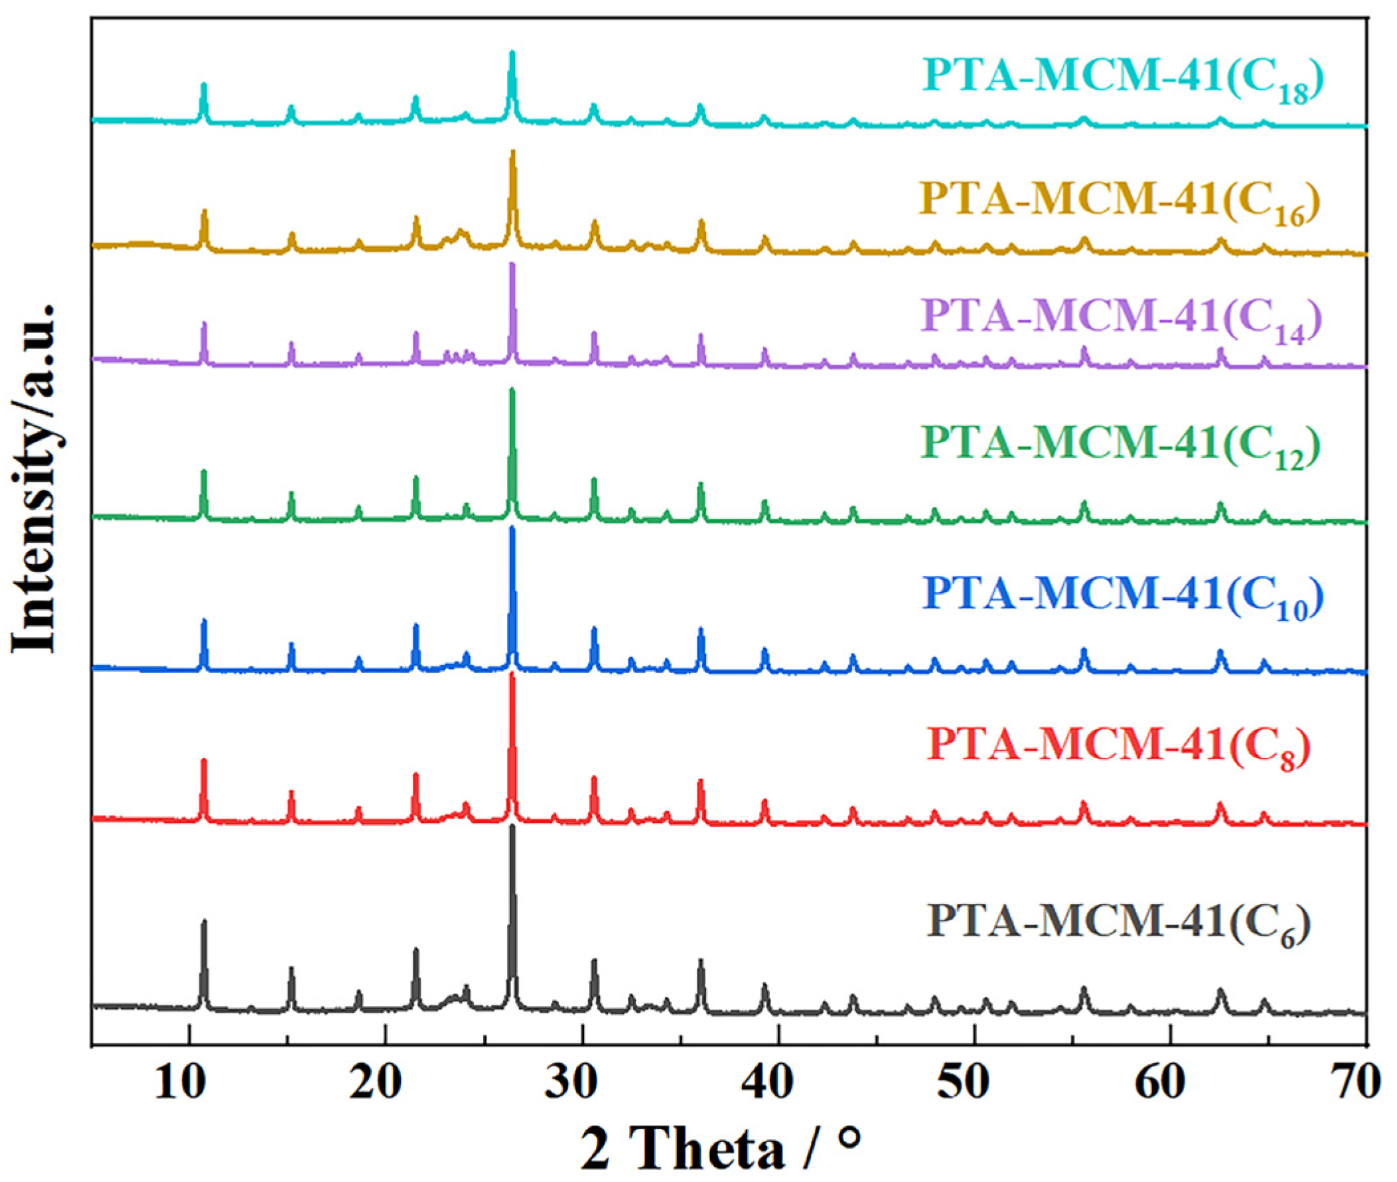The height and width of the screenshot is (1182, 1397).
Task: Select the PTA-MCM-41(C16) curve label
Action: click(1120, 200)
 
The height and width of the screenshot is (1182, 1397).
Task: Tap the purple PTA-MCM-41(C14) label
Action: click(1122, 317)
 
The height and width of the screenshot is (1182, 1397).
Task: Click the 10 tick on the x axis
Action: click(189, 1084)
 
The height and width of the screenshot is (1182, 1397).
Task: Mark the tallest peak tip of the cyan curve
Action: click(512, 53)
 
